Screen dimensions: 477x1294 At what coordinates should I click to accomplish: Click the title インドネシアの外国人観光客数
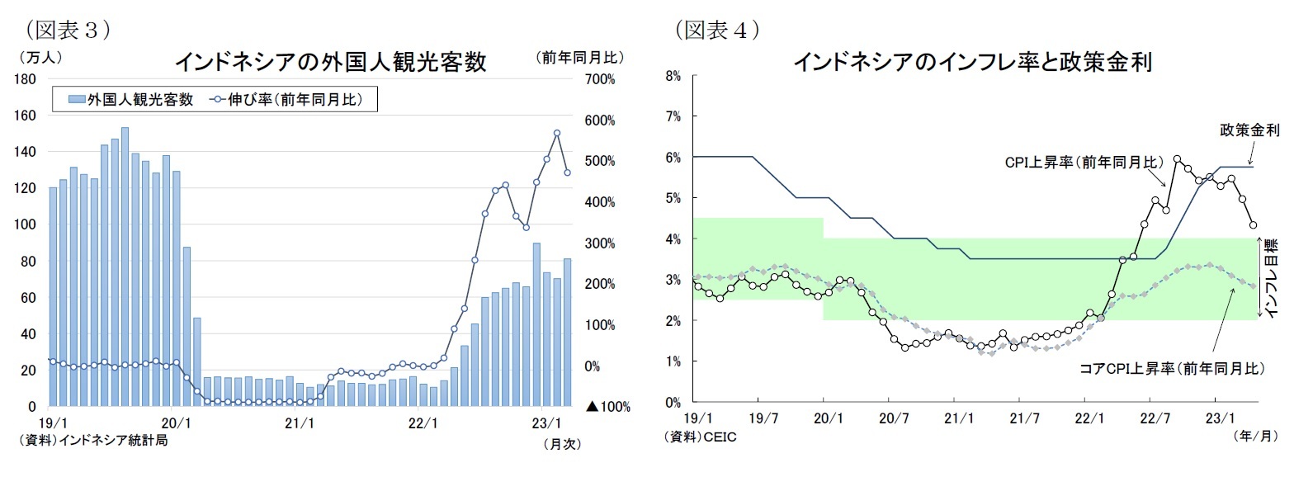tap(330, 62)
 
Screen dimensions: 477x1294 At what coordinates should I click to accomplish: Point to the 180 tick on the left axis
tap(25, 79)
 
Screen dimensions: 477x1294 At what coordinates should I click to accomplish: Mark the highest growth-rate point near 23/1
tap(557, 133)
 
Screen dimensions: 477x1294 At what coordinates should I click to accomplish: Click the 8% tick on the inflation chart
tap(673, 76)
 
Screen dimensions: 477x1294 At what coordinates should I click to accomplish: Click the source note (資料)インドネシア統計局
tap(93, 441)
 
